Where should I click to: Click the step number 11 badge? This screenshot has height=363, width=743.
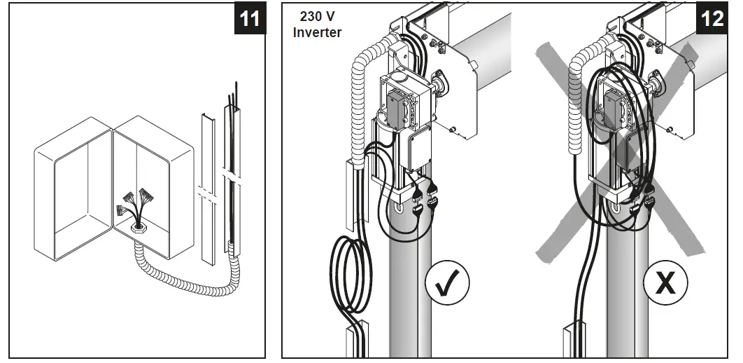coord(248,18)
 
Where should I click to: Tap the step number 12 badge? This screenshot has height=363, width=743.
coord(712,18)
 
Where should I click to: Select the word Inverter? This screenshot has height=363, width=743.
coord(317,32)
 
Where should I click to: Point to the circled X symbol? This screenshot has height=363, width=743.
coord(665,283)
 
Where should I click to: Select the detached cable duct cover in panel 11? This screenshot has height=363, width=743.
coord(208,189)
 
